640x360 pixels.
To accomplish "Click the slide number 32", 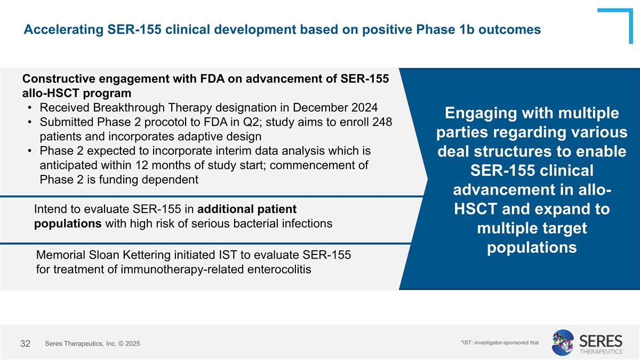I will click(x=25, y=343).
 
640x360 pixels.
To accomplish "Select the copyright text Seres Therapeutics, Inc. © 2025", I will click(x=92, y=344).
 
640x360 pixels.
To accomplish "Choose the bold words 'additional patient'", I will click(x=251, y=209).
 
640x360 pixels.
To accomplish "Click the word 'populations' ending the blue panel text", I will click(x=532, y=247).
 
